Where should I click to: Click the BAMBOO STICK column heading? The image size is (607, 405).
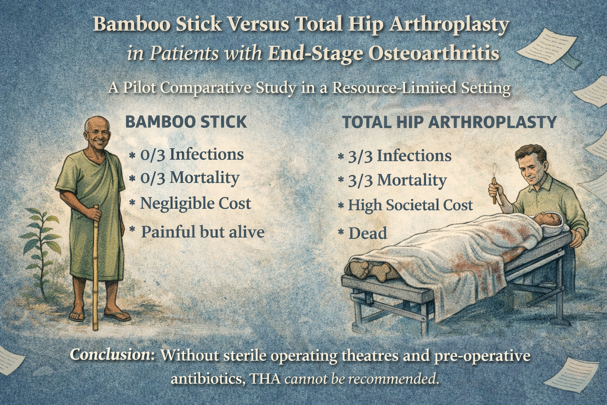pyautogui.click(x=186, y=121)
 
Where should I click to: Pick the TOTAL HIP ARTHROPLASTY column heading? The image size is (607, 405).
pyautogui.click(x=449, y=122)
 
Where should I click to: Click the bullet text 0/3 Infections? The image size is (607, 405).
pyautogui.click(x=192, y=154)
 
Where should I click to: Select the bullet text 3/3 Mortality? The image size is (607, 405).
pyautogui.click(x=397, y=180)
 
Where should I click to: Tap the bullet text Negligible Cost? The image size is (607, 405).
pyautogui.click(x=195, y=204)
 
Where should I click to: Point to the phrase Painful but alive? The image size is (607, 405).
pyautogui.click(x=202, y=232)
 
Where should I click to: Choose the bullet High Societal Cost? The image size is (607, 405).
pyautogui.click(x=410, y=205)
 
